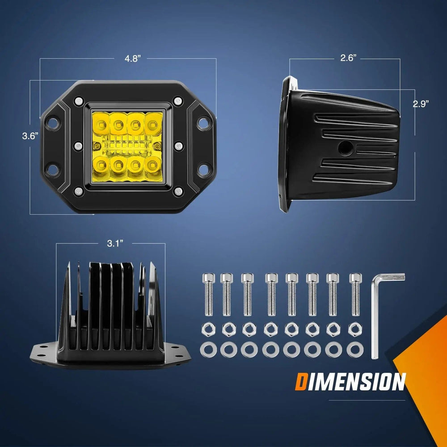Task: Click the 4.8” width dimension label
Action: coord(133,59)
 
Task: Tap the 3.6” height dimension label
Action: coord(30,136)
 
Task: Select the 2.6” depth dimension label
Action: coord(348,58)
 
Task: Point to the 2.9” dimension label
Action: coord(421,104)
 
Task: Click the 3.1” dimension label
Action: coord(115,244)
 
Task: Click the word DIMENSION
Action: coord(350,382)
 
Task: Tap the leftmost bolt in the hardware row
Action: coord(209,294)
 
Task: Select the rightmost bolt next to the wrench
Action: coord(355,294)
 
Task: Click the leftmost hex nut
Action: coord(208,329)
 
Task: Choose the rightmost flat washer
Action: coord(355,350)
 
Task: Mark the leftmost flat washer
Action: coord(208,350)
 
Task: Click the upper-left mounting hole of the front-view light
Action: coord(53,123)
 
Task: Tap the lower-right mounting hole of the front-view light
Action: coord(203,169)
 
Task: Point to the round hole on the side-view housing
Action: coord(346,148)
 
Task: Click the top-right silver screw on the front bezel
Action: coord(178,101)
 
